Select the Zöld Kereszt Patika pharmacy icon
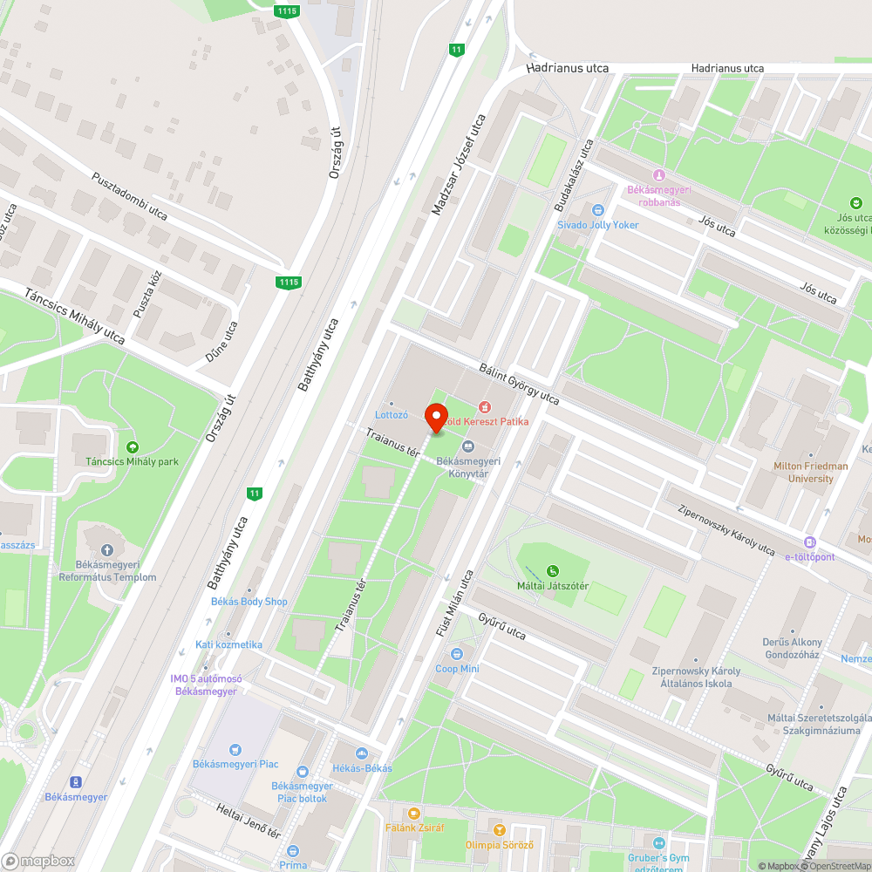click(485, 407)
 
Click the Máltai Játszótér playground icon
click(552, 571)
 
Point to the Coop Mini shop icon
click(457, 654)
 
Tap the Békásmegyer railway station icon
click(76, 781)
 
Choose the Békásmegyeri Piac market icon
click(235, 749)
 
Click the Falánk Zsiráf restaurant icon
click(414, 813)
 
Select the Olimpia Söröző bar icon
click(499, 830)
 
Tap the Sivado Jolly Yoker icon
click(597, 210)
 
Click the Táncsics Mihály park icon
click(133, 447)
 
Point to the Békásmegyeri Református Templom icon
click(107, 550)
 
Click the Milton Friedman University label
click(810, 472)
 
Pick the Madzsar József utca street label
click(458, 166)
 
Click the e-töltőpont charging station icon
click(810, 542)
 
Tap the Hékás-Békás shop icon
click(361, 753)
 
